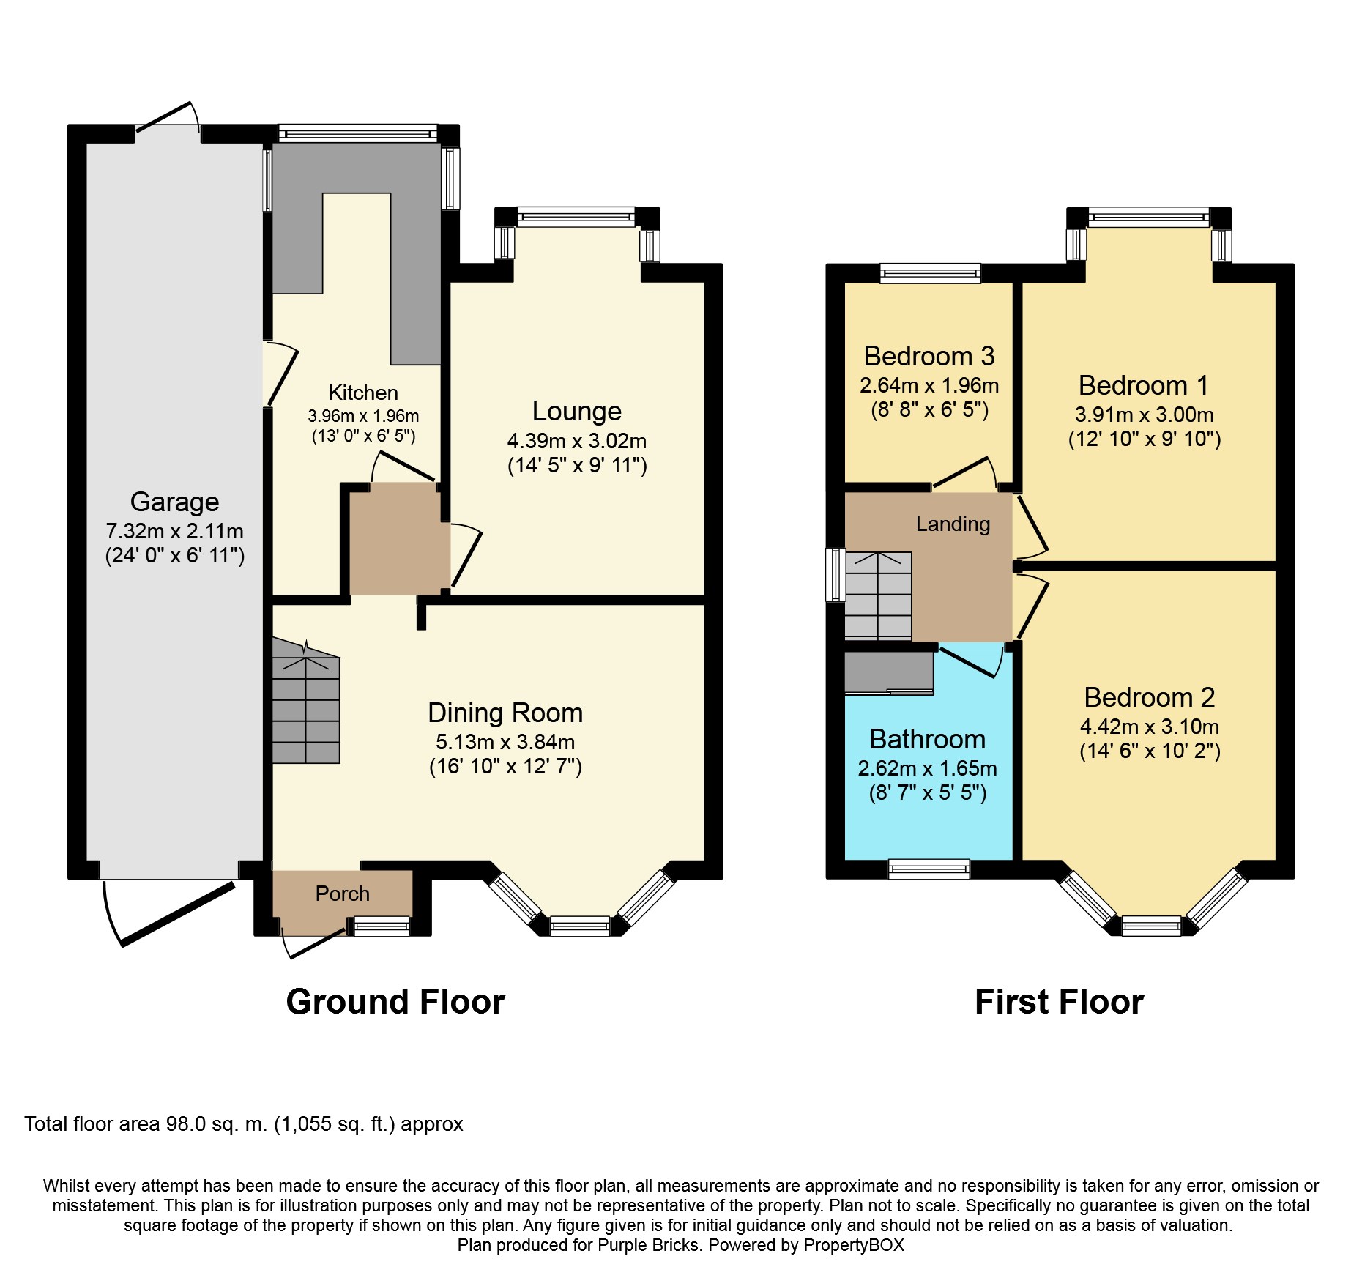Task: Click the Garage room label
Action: point(174,502)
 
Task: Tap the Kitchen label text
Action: point(363,393)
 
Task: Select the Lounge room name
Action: point(577,411)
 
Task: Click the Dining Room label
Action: point(505,713)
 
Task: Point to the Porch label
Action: point(343,894)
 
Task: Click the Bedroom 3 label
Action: point(929,356)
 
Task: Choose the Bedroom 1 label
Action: point(1144,385)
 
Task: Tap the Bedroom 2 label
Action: point(1150,697)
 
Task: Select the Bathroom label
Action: point(928,739)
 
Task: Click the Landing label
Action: point(953,524)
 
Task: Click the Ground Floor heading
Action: point(395,1002)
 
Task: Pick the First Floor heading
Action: point(1060,1002)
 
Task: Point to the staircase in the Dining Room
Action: point(306,702)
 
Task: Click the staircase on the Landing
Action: point(879,596)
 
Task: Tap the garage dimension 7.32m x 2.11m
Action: point(174,531)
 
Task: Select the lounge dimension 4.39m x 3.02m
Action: point(577,441)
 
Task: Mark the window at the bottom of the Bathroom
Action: point(929,869)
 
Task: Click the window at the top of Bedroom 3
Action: point(930,273)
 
